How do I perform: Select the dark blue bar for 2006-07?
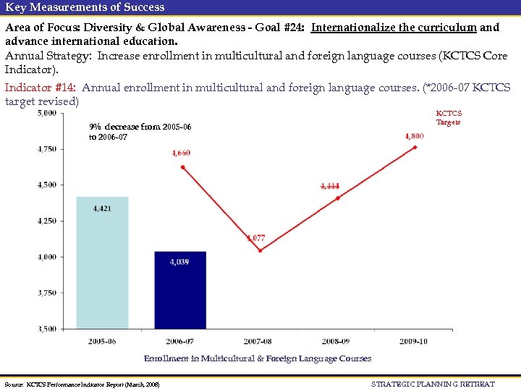pos(180,290)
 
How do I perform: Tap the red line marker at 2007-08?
pos(259,251)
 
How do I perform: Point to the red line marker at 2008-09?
pos(337,198)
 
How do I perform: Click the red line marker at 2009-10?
pos(415,147)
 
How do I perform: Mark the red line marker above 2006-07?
pos(182,167)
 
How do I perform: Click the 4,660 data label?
pos(181,153)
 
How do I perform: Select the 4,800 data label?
pos(414,135)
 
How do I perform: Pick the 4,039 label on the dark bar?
pos(179,262)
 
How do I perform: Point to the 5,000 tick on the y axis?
pos(47,113)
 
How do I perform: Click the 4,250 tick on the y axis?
pos(47,221)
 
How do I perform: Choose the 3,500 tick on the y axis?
pos(47,329)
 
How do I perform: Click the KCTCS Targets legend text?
pos(449,118)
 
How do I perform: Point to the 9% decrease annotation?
pos(140,132)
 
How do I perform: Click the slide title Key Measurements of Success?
pos(85,7)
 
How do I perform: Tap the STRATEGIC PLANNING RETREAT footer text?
pos(433,384)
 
